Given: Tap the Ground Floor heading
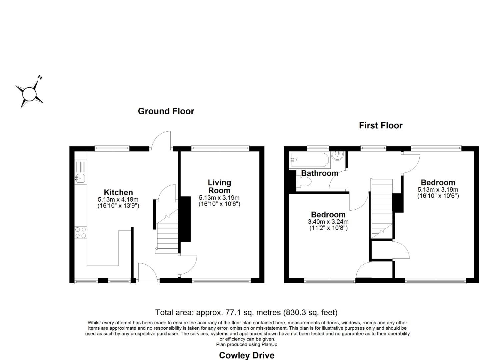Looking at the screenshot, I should [x=166, y=111].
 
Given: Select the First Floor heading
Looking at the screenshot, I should [x=381, y=126].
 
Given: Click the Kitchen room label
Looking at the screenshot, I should [x=118, y=192].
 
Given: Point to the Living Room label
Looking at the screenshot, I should [x=219, y=186].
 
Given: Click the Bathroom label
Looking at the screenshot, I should [x=320, y=173].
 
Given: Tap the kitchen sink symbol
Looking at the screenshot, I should [x=80, y=178].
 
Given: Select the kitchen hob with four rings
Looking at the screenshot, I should [x=80, y=232].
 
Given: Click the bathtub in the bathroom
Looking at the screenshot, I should [x=310, y=160].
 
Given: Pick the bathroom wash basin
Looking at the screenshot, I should [x=338, y=156].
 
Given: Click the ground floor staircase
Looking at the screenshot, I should [x=168, y=233].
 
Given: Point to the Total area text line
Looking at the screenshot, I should [x=246, y=313].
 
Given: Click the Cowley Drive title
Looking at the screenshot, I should [x=247, y=355].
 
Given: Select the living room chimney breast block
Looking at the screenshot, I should [x=185, y=219].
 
